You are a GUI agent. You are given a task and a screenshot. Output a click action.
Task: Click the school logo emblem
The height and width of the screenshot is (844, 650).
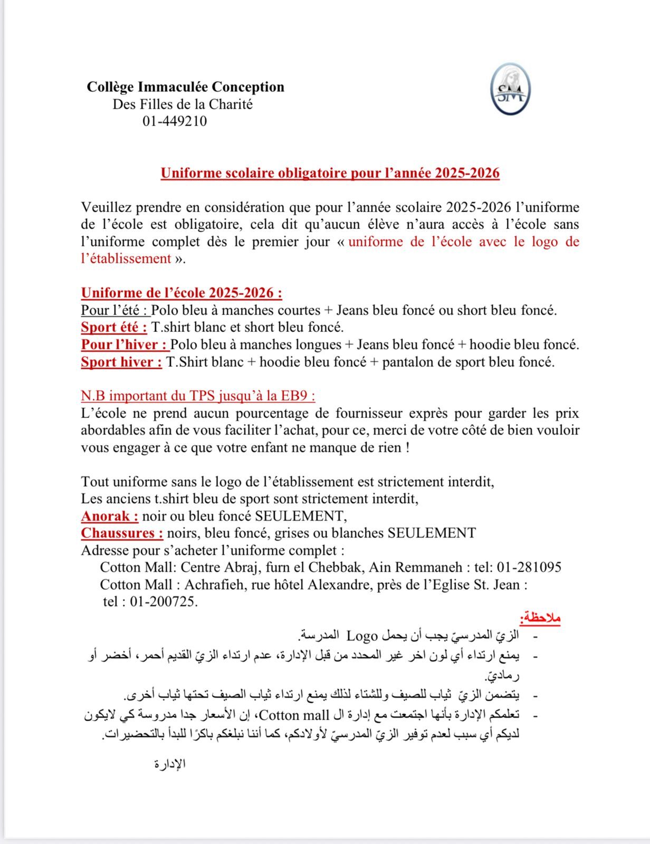click(x=510, y=89)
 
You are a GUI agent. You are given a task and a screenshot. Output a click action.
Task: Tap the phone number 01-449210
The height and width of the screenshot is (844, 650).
click(x=175, y=121)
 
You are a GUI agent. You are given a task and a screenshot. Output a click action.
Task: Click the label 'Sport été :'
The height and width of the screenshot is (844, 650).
click(x=114, y=327)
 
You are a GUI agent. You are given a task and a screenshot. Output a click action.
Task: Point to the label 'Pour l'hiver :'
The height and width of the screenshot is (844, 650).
click(x=125, y=344)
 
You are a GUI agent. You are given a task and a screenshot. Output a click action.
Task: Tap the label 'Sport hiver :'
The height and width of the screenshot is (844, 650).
click(x=121, y=362)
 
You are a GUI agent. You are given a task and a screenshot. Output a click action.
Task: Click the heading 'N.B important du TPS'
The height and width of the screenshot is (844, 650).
click(x=198, y=396)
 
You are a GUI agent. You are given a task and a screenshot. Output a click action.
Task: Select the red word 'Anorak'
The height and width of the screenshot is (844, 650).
click(x=109, y=515)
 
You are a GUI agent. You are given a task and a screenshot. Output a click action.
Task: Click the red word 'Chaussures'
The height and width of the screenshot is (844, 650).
click(x=122, y=533)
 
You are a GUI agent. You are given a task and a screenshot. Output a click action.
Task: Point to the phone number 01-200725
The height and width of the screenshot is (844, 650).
click(x=164, y=601)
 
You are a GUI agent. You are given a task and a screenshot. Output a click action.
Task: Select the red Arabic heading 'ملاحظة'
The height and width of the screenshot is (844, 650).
click(x=540, y=617)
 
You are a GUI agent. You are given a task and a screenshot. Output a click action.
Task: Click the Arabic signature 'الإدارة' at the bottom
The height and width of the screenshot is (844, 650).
click(x=170, y=764)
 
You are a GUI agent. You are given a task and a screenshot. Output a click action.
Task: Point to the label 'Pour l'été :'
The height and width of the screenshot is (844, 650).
click(x=114, y=310)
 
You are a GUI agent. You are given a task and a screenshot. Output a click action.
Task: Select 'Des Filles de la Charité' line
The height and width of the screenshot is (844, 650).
click(x=183, y=104)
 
